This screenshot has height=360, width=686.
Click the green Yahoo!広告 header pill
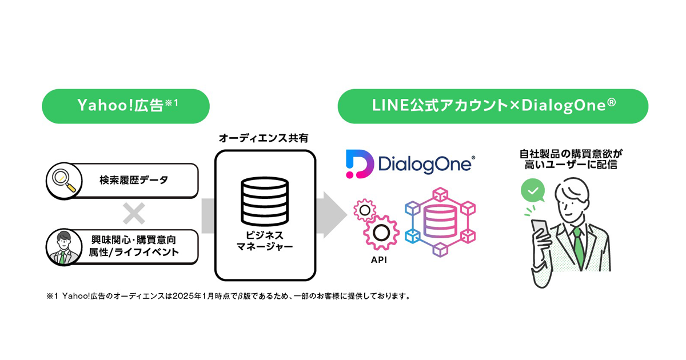126,106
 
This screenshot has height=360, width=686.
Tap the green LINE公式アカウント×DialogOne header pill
492,106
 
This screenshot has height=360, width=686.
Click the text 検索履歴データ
134,181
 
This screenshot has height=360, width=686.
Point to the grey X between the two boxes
134,214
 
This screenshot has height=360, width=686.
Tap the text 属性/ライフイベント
134,253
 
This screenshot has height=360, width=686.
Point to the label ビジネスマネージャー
265,241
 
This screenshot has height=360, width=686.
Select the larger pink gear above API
380,231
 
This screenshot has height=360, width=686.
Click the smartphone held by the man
539,231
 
